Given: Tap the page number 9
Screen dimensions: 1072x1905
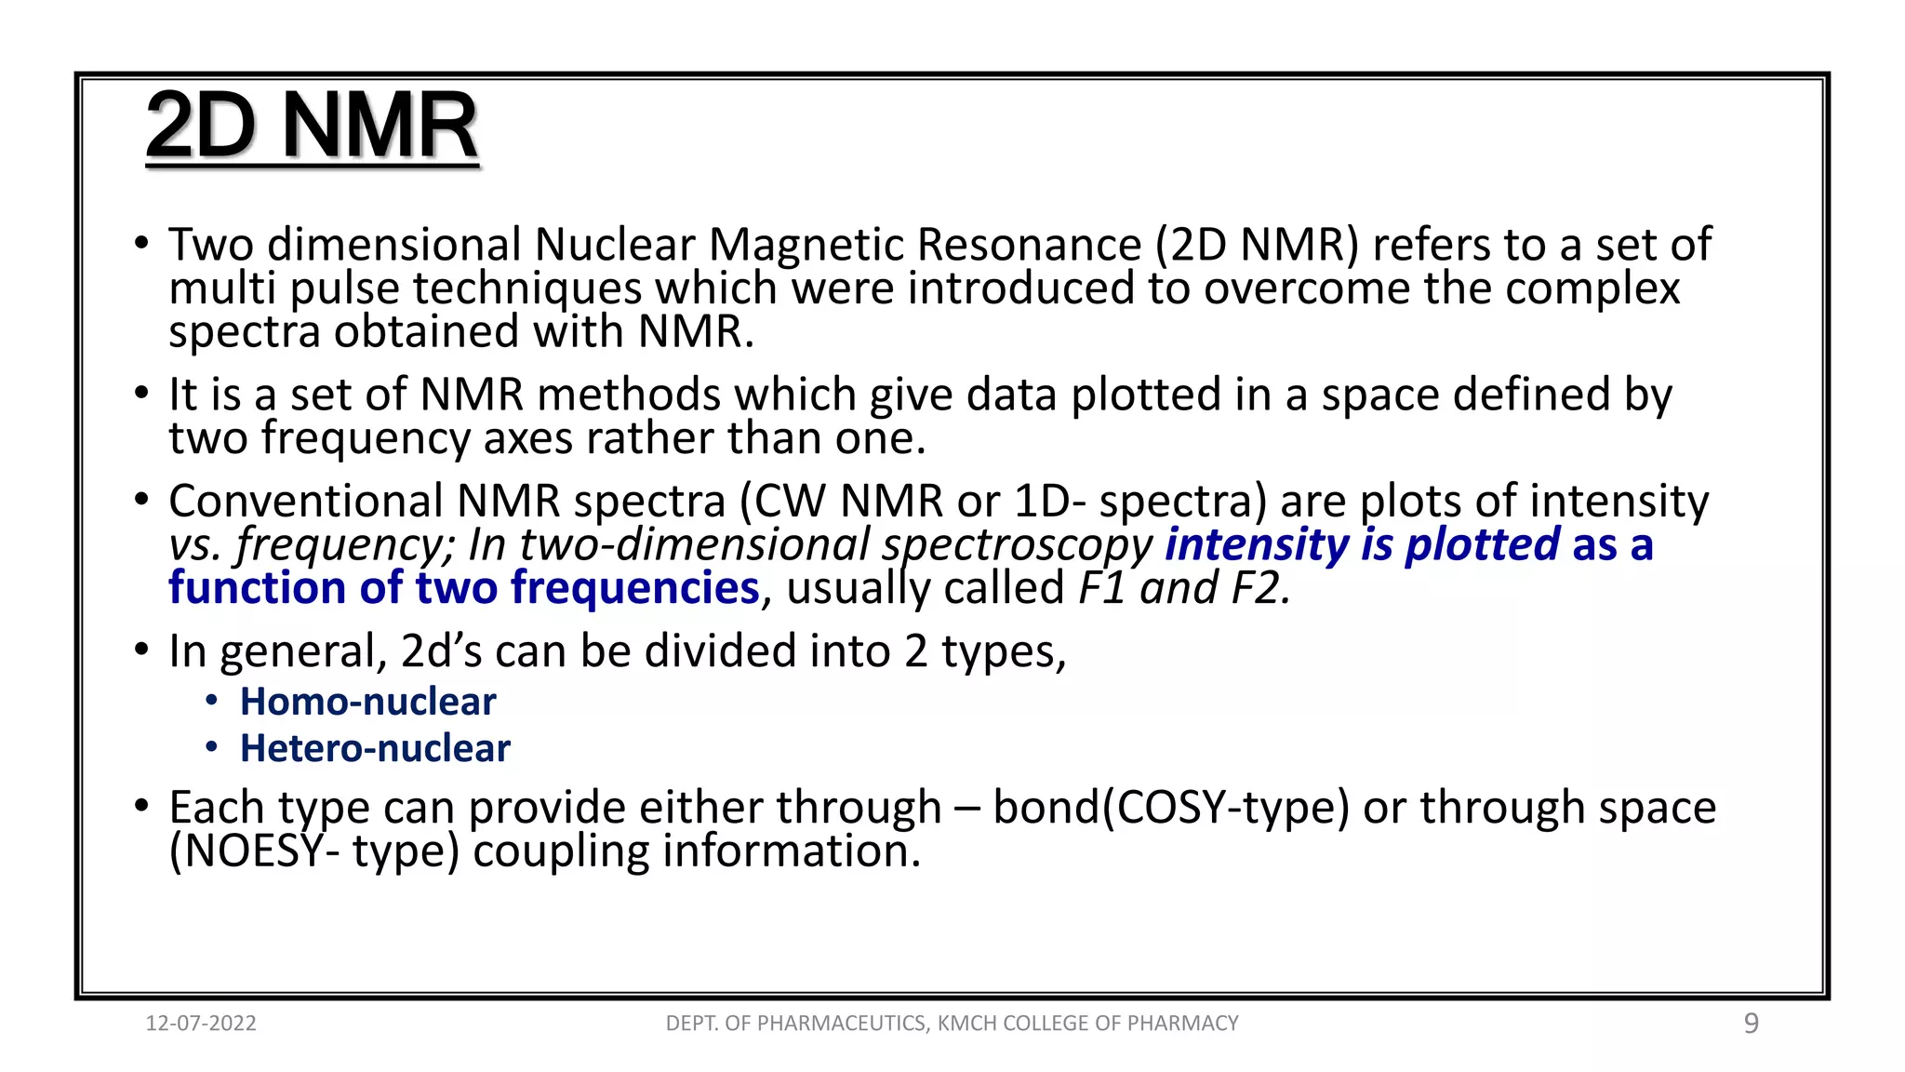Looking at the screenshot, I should (x=1751, y=1024).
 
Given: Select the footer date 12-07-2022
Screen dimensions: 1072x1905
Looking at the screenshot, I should (x=201, y=1024).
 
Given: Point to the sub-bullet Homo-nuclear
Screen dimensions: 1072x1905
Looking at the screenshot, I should (x=367, y=702).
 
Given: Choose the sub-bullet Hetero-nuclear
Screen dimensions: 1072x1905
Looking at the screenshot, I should (x=375, y=748).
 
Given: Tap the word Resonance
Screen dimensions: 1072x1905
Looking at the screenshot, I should (x=1029, y=245).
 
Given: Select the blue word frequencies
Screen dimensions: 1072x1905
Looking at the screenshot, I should (x=635, y=588).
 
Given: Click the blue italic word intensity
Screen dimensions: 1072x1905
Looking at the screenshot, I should (x=1257, y=544).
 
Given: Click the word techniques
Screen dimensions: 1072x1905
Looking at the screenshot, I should (x=527, y=288).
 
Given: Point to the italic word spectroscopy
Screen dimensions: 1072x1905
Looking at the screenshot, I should (x=1018, y=544).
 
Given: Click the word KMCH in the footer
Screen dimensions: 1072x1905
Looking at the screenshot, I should (x=967, y=1024).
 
